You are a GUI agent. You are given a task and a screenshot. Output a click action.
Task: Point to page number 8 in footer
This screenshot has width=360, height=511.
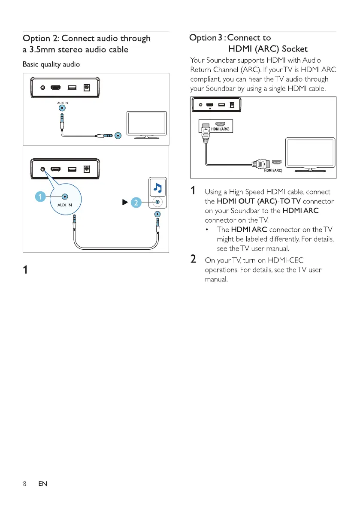[25, 484]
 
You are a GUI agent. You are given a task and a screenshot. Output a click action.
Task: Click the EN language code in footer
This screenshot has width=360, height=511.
[42, 484]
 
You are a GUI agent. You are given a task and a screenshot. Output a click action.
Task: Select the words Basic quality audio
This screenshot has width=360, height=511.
[51, 65]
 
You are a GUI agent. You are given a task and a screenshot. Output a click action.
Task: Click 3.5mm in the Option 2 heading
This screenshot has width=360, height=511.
[43, 49]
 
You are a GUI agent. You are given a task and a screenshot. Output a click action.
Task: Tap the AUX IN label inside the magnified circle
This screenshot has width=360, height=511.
[64, 205]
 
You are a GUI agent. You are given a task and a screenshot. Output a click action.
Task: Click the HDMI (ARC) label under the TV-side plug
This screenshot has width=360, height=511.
[272, 170]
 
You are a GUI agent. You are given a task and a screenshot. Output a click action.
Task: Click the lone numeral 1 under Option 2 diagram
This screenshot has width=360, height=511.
[26, 270]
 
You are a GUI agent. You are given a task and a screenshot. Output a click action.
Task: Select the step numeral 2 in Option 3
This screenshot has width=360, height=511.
[194, 260]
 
